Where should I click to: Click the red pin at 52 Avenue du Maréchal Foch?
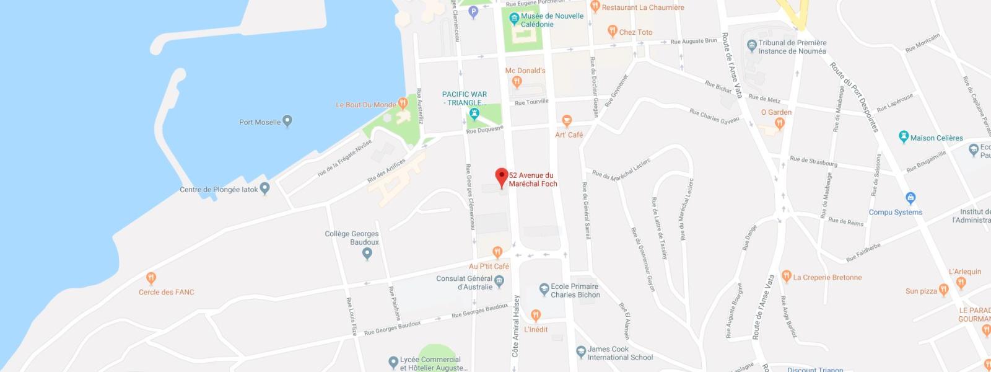502,177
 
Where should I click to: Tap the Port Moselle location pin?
287,121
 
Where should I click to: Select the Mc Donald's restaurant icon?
517,82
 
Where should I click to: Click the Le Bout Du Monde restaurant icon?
403,104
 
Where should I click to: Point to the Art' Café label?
569,135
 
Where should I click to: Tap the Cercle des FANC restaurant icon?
151,278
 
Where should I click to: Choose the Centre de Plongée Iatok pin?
265,188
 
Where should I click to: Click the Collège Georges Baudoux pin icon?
367,254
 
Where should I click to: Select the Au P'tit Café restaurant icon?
497,252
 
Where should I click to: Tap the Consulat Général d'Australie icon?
499,281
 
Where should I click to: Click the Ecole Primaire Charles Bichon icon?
544,289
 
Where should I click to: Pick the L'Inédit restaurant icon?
536,316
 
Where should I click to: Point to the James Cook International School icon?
581,352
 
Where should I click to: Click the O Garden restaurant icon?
779,123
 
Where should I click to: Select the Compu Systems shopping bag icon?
910,199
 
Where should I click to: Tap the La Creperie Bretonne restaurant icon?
787,276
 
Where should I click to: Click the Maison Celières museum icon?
904,137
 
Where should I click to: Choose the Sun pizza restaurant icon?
943,290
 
